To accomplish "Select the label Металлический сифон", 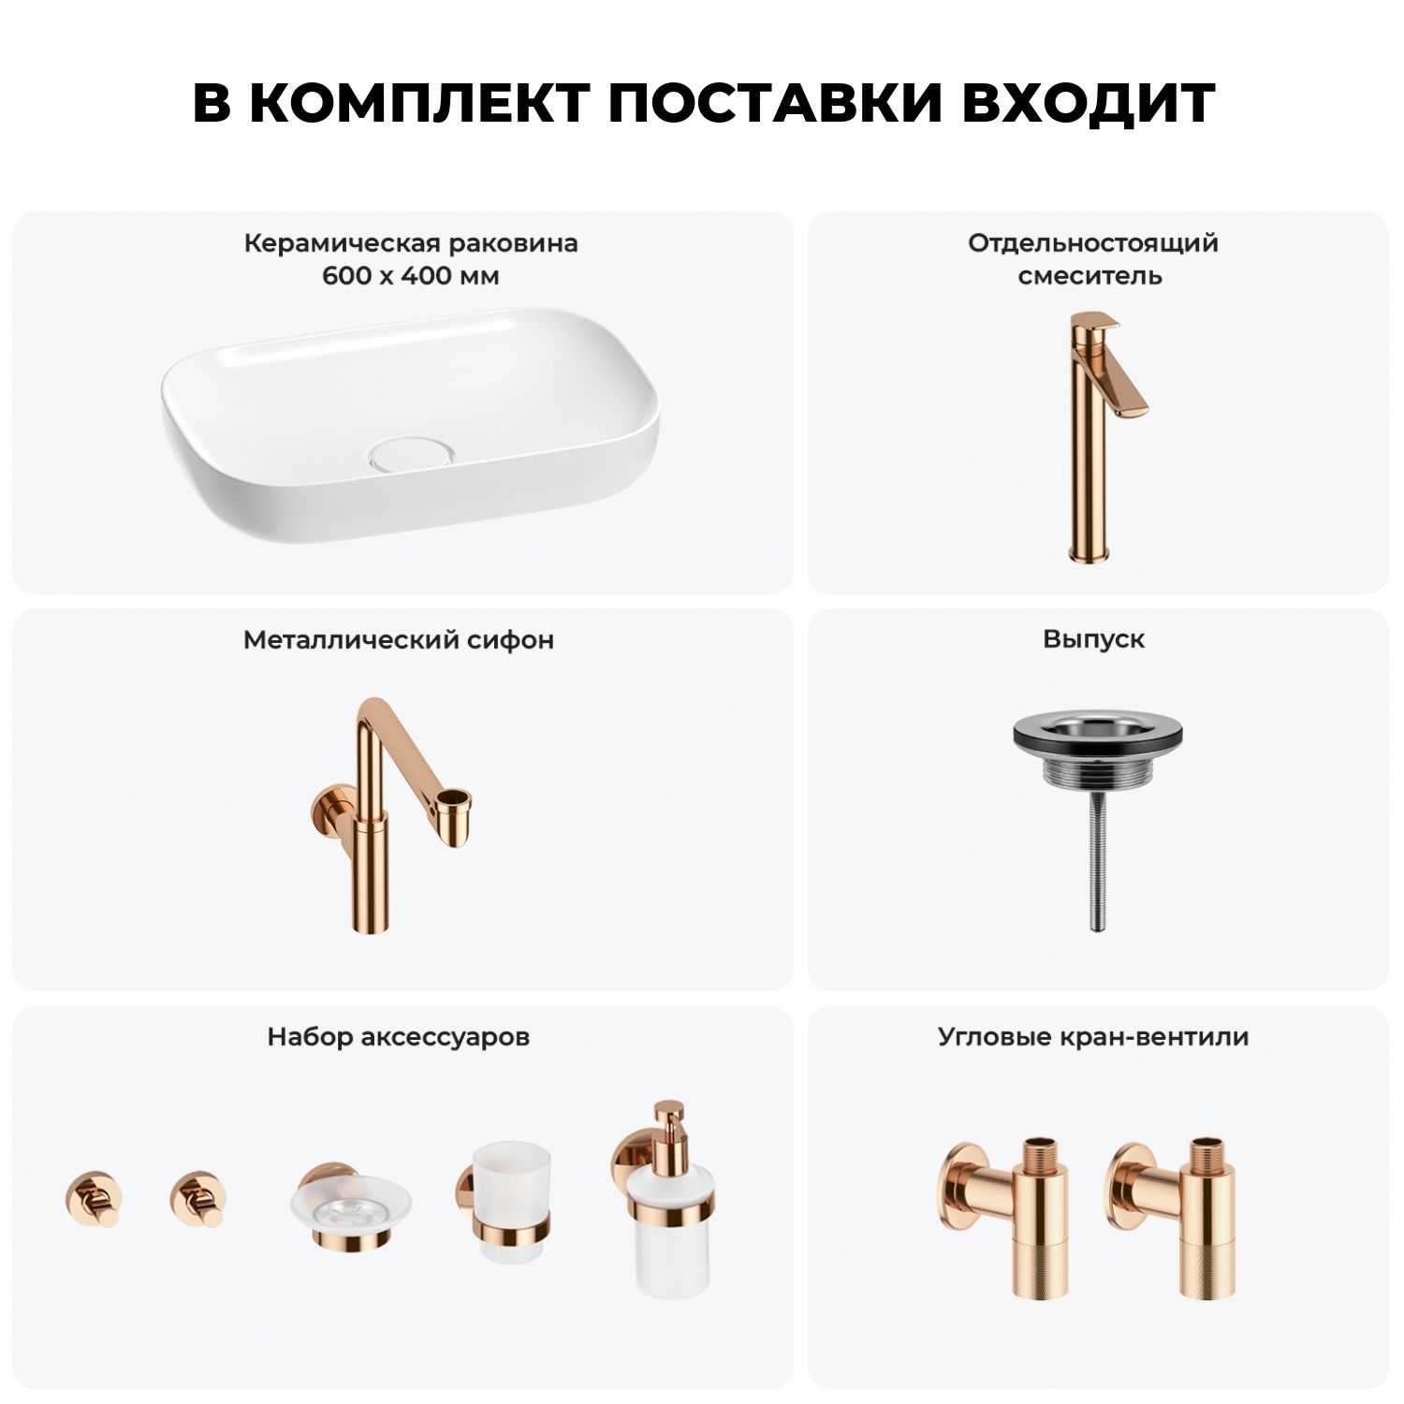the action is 399,640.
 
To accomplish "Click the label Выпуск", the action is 1094,639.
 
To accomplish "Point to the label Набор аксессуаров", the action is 399,1037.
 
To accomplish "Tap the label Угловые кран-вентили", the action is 1093,1037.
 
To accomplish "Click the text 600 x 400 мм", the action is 411,276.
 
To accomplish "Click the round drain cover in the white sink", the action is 413,453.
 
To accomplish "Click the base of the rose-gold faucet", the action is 1090,552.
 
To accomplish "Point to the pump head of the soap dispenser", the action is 668,1123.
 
